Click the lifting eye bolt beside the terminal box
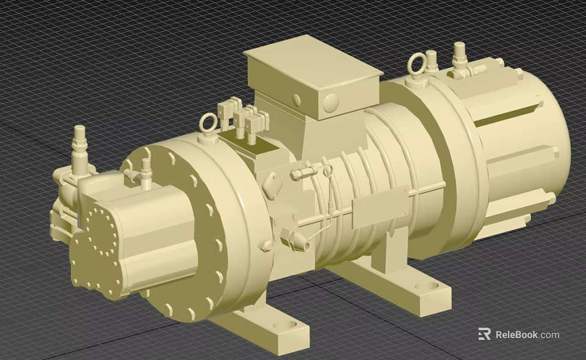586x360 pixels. click(208, 124)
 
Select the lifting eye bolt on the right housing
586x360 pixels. click(417, 63)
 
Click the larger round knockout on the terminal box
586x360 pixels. click(330, 103)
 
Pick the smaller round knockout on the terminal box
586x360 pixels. click(297, 100)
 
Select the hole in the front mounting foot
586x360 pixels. click(281, 325)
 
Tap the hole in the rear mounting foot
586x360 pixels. click(425, 286)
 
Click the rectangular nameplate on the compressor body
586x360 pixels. click(379, 207)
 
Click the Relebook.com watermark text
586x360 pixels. click(527, 334)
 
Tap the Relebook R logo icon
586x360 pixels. click(485, 334)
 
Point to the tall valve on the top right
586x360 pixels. click(459, 57)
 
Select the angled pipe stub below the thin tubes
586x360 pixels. click(297, 239)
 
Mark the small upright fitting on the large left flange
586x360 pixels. click(145, 173)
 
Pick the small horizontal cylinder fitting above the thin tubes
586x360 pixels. click(298, 175)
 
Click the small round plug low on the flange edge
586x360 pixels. click(265, 246)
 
